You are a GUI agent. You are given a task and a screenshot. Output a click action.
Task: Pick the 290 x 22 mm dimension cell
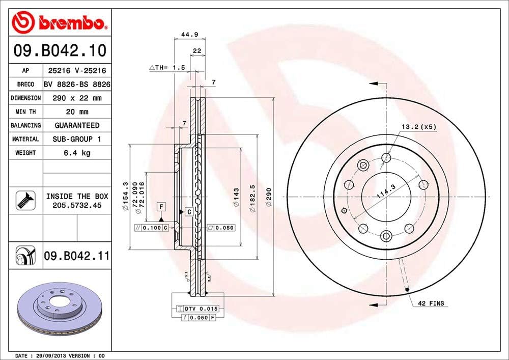[77, 98]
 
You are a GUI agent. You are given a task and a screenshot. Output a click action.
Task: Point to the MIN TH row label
[25, 112]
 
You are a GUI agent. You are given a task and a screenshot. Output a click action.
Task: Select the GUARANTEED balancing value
[77, 125]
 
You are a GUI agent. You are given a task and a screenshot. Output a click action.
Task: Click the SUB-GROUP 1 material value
[77, 139]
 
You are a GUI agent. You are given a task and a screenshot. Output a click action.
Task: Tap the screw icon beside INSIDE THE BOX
[23, 200]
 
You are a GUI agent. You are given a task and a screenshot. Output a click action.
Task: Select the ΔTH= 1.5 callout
[166, 67]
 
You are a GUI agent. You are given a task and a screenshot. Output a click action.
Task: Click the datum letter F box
[161, 206]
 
